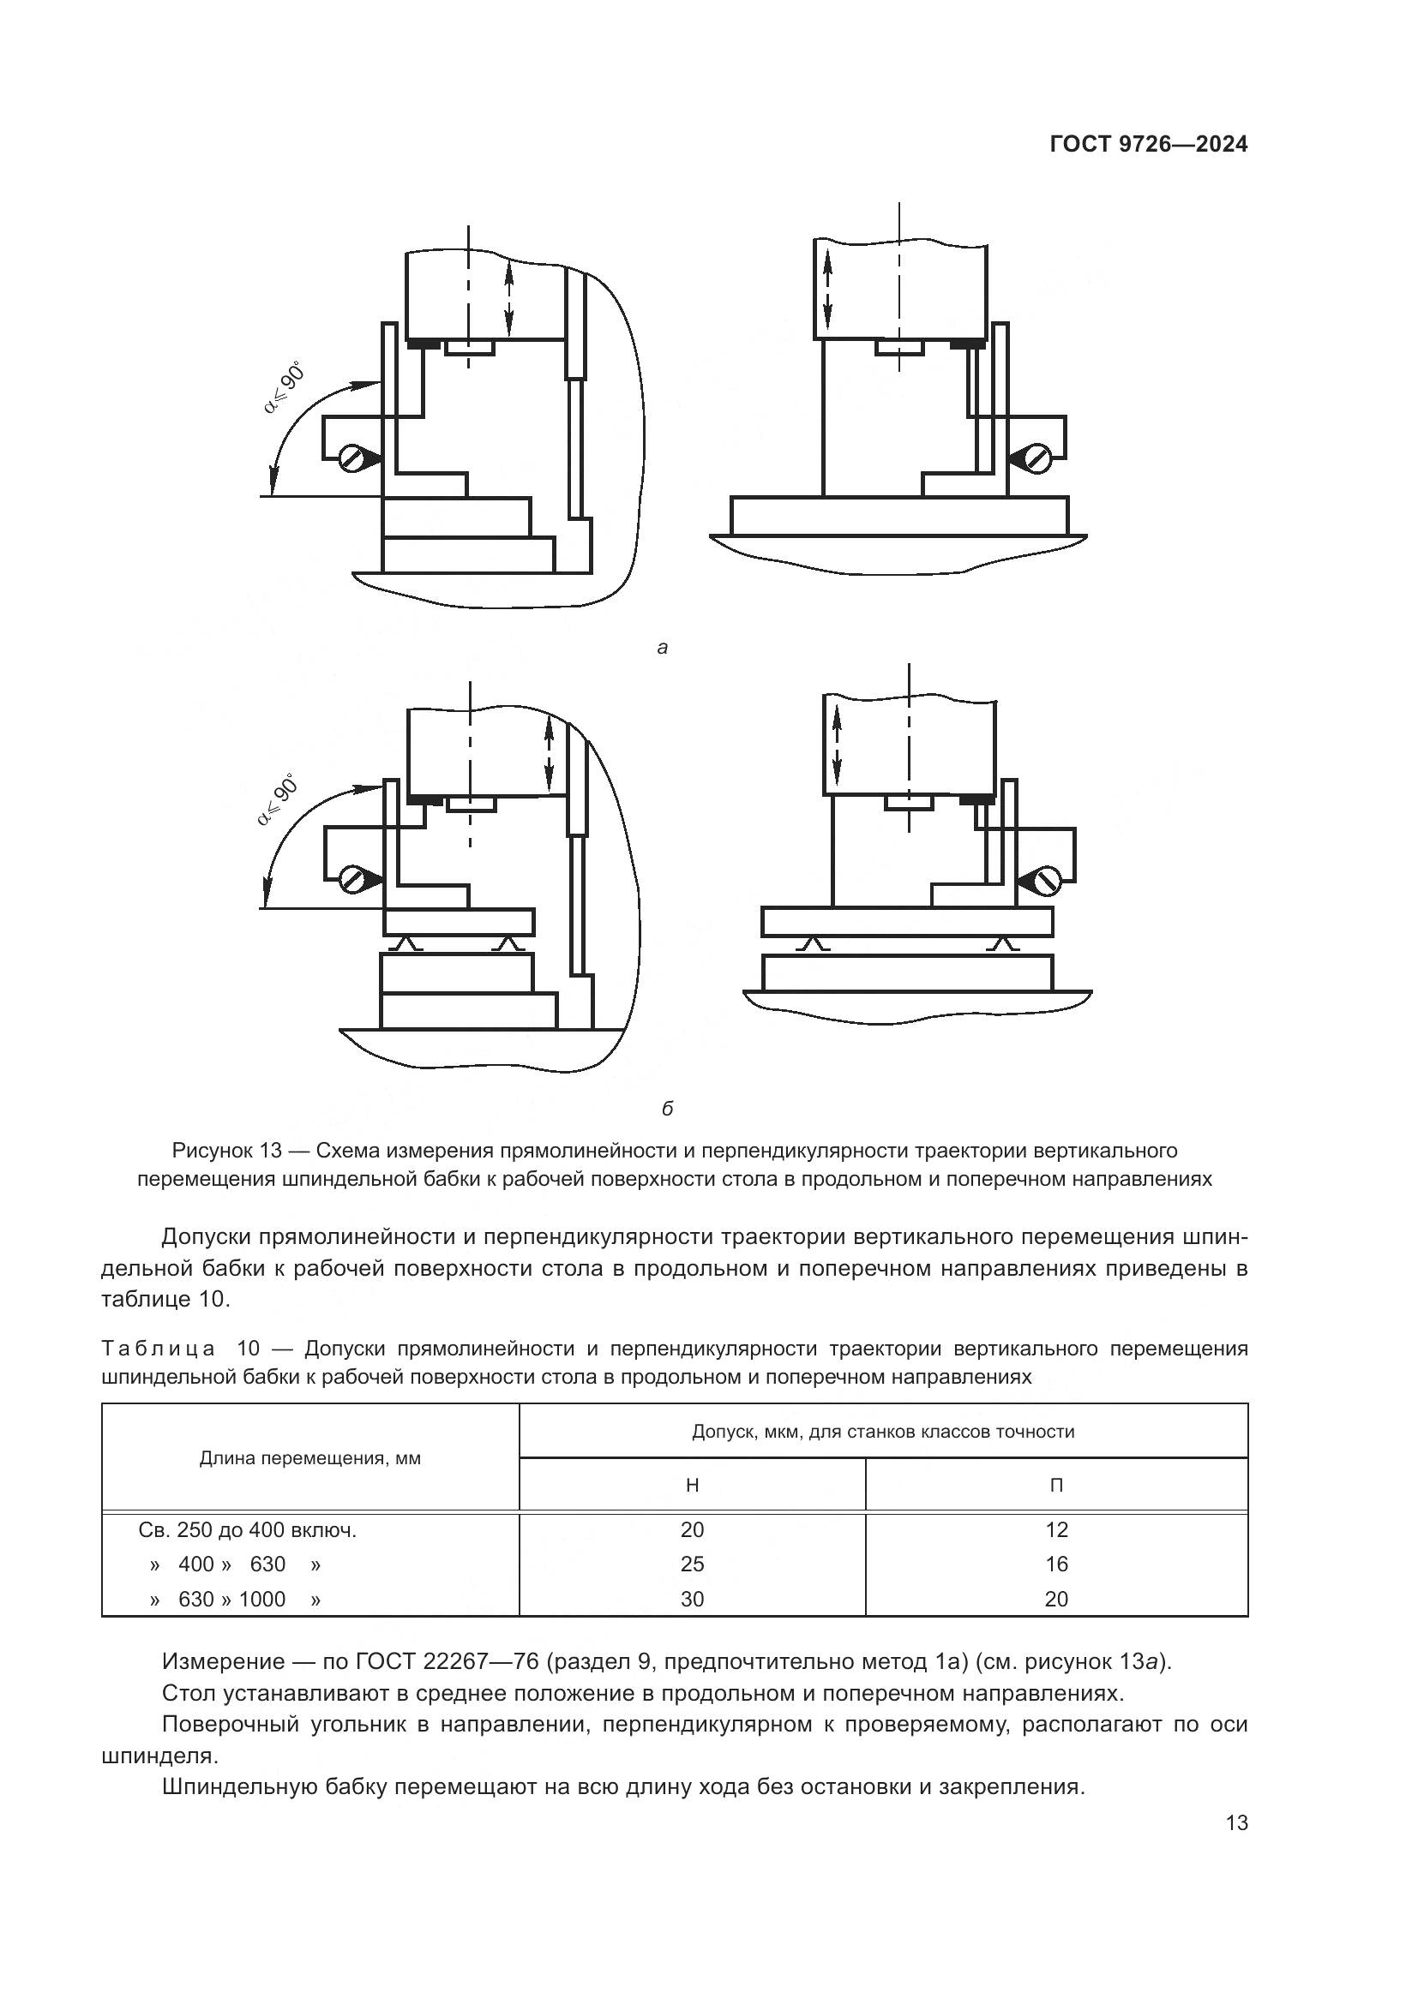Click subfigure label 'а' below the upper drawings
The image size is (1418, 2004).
pyautogui.click(x=662, y=648)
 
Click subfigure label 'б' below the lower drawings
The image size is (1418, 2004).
pyautogui.click(x=667, y=1110)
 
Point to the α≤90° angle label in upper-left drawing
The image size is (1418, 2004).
pyautogui.click(x=285, y=387)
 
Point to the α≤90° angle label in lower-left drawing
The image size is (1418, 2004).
pyautogui.click(x=279, y=799)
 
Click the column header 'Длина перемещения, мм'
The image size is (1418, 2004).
pyautogui.click(x=310, y=1457)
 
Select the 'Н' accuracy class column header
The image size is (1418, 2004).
pyautogui.click(x=692, y=1485)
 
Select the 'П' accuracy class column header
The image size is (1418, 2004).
pyautogui.click(x=1055, y=1485)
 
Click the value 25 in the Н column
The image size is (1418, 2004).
pyautogui.click(x=692, y=1564)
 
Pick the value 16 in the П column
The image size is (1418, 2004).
pyautogui.click(x=1055, y=1564)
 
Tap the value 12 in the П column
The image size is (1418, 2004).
pyautogui.click(x=1055, y=1529)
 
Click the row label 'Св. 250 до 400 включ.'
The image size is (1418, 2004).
pyautogui.click(x=247, y=1529)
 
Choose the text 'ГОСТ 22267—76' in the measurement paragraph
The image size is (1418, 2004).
pyautogui.click(x=430, y=1661)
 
